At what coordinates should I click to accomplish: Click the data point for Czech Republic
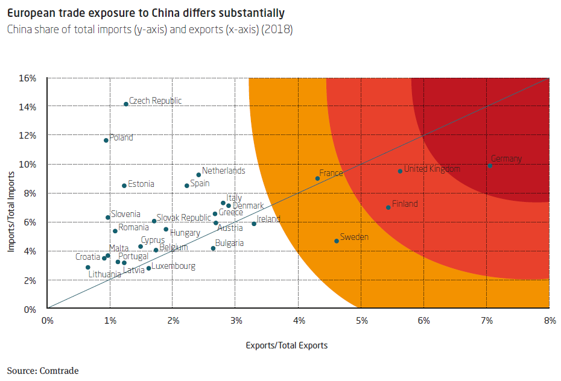tap(126, 104)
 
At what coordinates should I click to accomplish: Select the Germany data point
tap(490, 165)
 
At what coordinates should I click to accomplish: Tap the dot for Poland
tap(106, 140)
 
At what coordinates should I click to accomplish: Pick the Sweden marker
tap(337, 241)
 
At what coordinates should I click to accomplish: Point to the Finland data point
tap(388, 207)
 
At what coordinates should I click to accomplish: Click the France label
tap(331, 173)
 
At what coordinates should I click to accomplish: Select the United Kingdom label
tap(432, 169)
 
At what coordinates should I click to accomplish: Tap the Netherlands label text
tap(223, 171)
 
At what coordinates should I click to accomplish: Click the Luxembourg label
tap(173, 266)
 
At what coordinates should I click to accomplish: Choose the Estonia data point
tap(124, 186)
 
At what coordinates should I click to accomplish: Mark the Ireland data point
tap(254, 224)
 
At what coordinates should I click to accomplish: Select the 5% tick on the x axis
tap(361, 320)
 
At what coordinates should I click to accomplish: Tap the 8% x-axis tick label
tap(548, 320)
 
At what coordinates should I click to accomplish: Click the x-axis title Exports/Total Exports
tap(287, 345)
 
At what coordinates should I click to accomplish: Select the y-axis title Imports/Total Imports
tap(11, 203)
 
